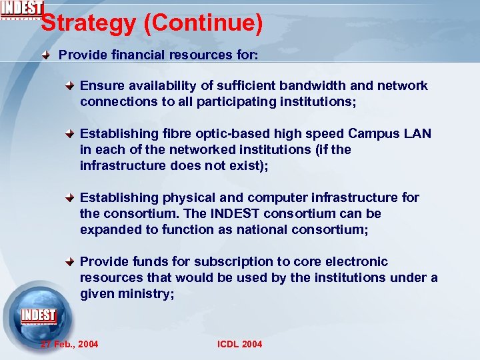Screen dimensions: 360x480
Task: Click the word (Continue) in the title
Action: [204, 24]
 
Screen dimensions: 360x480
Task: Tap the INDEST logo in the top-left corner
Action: [22, 9]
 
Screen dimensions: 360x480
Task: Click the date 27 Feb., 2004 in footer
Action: [69, 344]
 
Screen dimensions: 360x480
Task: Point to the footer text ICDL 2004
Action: [240, 344]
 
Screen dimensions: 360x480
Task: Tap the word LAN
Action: [417, 133]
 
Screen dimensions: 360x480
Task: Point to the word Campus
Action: [374, 133]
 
